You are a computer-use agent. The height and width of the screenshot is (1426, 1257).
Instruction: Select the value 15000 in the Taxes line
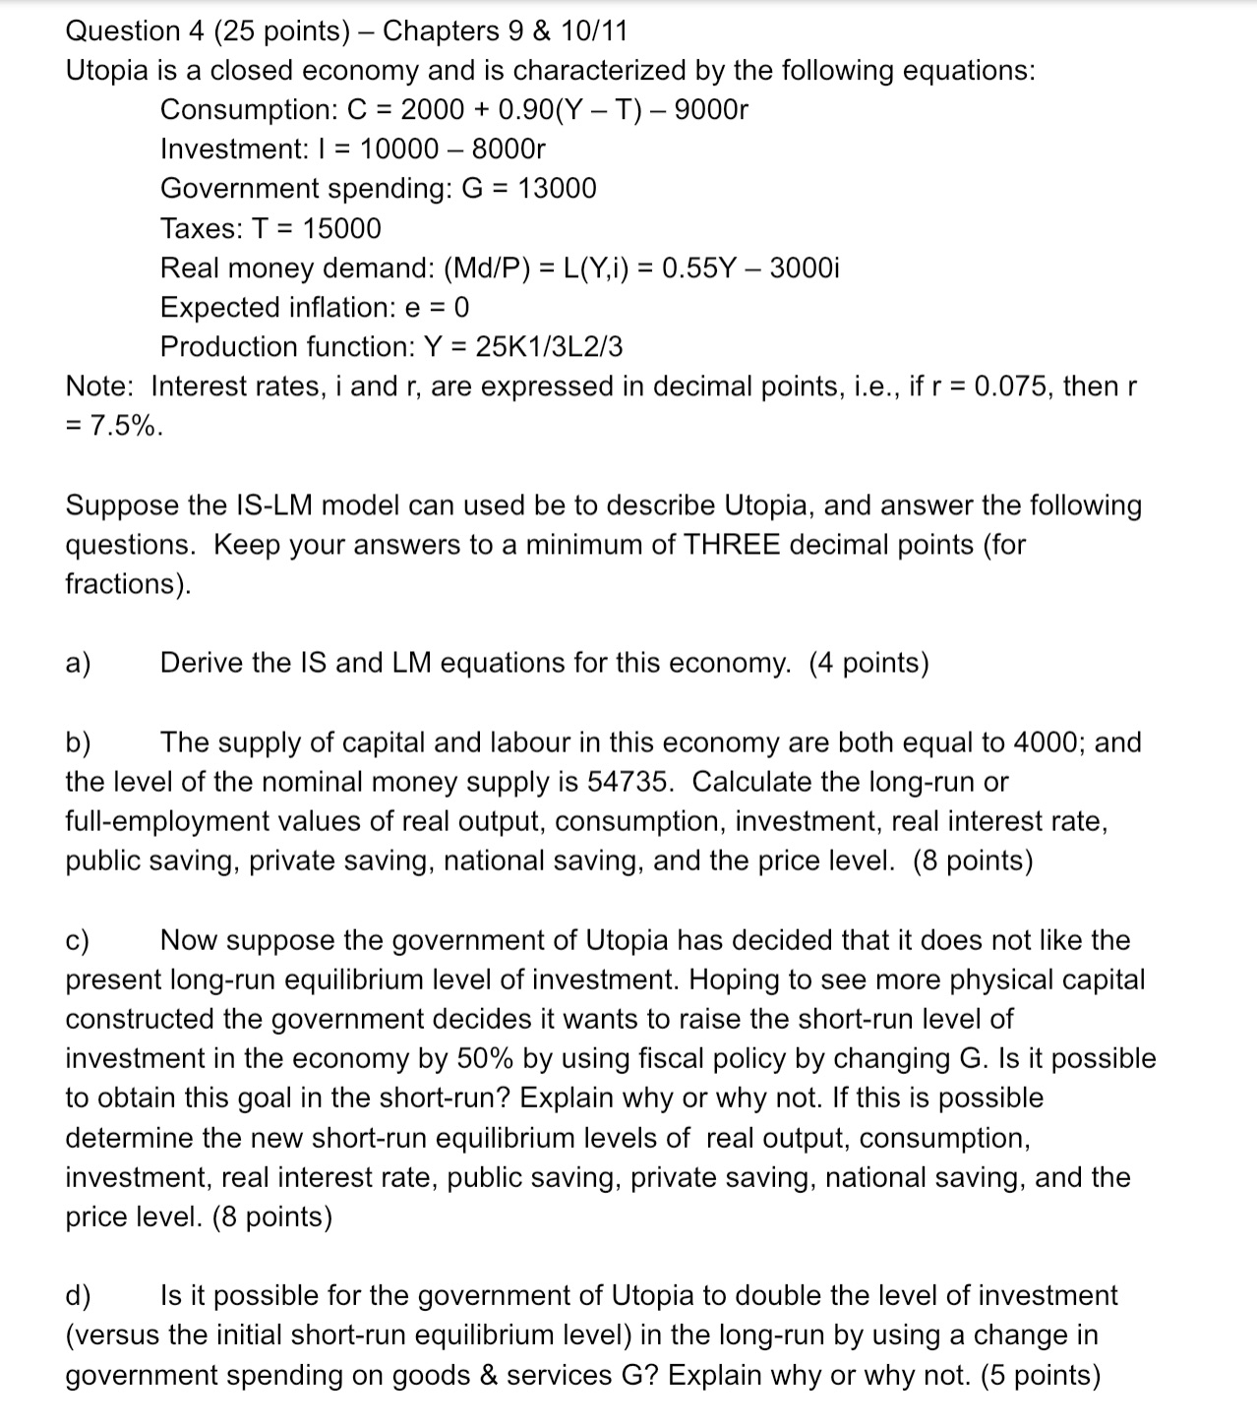point(341,228)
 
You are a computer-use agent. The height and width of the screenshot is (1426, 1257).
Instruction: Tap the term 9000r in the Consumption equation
point(712,109)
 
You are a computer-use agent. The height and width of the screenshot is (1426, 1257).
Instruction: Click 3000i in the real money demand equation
point(804,267)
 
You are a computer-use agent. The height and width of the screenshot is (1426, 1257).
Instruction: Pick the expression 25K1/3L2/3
point(549,347)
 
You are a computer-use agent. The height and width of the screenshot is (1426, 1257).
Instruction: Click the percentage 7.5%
point(124,426)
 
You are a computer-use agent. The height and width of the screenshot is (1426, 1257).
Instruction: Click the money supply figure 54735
point(630,782)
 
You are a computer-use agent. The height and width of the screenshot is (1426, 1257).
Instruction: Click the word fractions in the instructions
point(123,584)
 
